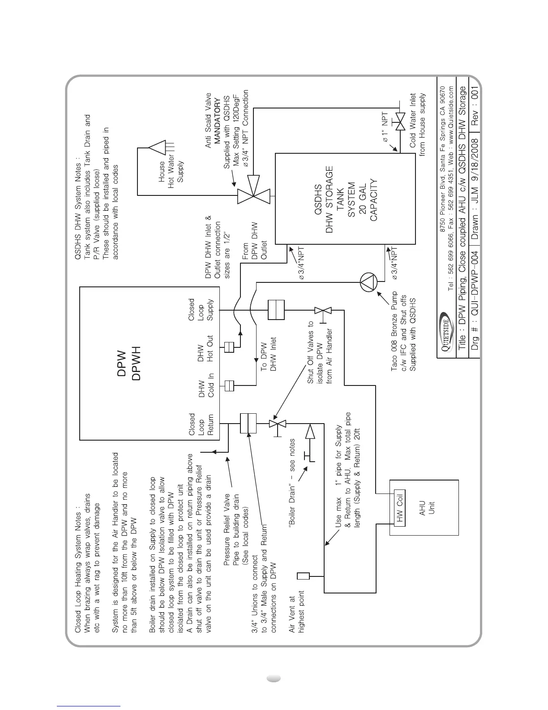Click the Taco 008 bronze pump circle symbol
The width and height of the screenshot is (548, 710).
coord(369,283)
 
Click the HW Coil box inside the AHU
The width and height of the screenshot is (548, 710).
coord(400,508)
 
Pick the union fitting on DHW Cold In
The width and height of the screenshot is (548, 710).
coord(229,385)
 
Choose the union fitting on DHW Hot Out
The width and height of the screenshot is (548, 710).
coord(229,347)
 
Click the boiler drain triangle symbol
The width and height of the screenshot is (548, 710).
coord(310,432)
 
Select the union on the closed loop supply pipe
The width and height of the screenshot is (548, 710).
coord(276,310)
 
